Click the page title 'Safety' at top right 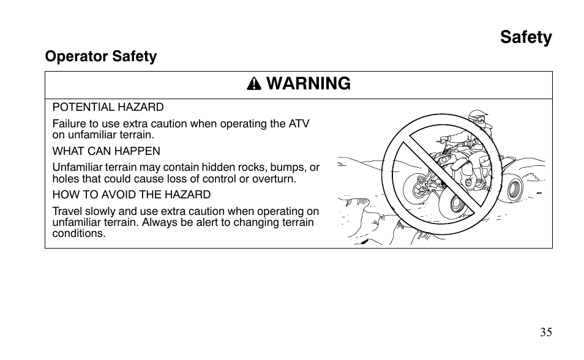point(525,37)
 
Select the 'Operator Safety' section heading point(101,56)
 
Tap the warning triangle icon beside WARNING point(253,85)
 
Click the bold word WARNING point(309,84)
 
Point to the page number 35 point(545,332)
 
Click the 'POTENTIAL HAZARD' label point(108,107)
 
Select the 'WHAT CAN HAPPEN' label point(106,151)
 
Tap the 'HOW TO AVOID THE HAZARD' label point(131,195)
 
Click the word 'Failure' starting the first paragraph point(68,124)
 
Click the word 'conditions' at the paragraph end point(78,233)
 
